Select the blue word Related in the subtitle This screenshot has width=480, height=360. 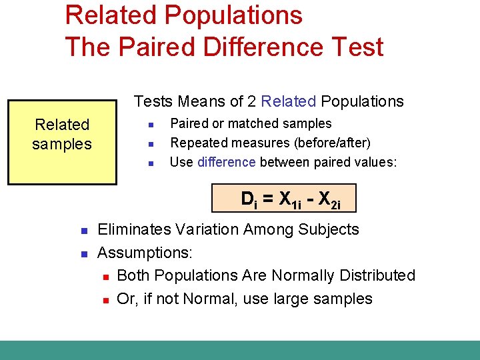(289, 101)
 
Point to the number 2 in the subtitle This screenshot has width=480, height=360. (251, 101)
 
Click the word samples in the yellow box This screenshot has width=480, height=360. (62, 144)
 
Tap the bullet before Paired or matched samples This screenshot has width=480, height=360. (151, 125)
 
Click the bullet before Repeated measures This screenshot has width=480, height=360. (151, 144)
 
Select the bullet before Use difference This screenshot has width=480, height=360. (151, 163)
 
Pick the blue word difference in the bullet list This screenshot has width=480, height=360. (227, 162)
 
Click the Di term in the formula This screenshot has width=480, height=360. (249, 199)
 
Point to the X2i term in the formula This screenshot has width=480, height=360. (330, 199)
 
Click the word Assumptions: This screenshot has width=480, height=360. (145, 253)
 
